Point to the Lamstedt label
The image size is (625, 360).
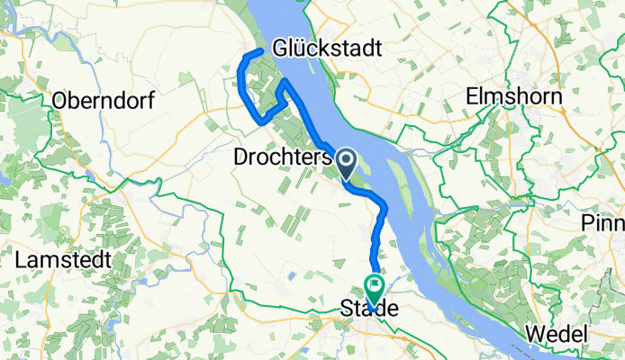62,259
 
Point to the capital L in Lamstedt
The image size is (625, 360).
21,259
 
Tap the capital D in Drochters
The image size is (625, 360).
240,157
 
